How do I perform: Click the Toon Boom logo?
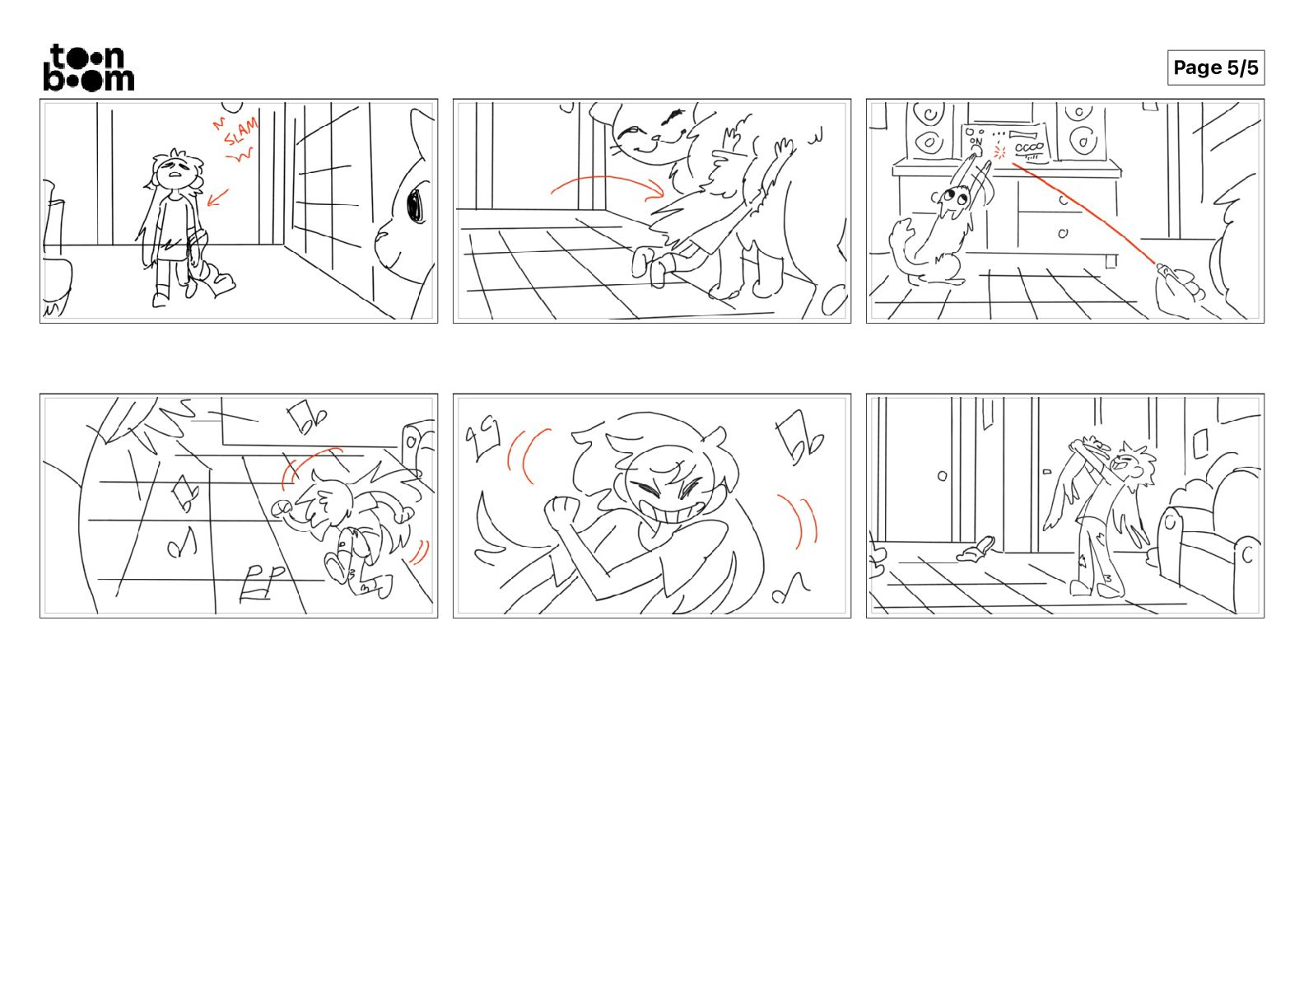[89, 68]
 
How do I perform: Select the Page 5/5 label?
[1216, 68]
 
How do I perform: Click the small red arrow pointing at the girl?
[217, 197]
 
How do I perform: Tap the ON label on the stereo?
[976, 142]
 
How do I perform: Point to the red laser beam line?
[1083, 213]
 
